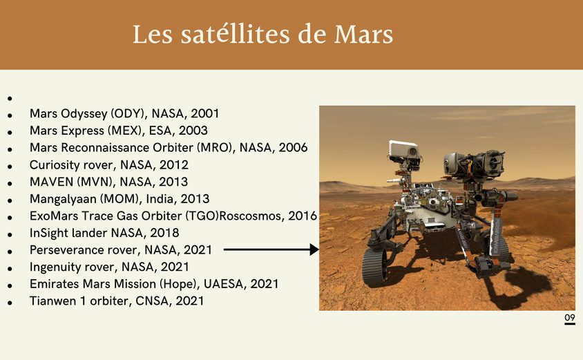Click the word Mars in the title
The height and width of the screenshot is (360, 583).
coord(363,35)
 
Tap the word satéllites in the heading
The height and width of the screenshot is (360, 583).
coord(235,35)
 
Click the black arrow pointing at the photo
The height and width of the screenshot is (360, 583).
coord(271,249)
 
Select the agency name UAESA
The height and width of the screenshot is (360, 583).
coord(224,284)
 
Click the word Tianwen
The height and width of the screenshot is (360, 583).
coord(53,301)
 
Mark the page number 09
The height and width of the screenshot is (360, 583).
coord(570,318)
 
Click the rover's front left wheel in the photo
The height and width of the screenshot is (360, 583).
coord(376,266)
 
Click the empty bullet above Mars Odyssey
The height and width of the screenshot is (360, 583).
coord(10,99)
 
